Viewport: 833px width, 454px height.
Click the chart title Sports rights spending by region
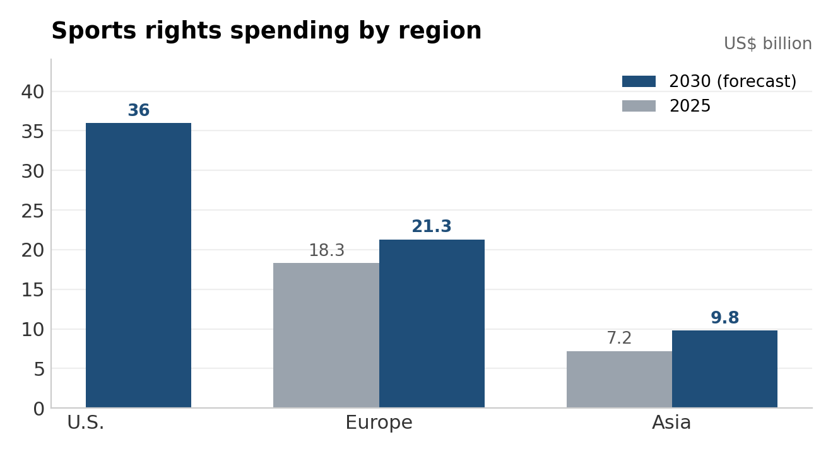[x=266, y=31]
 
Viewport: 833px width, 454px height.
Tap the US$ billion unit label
[x=767, y=44]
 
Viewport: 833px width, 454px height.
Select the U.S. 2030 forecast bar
[x=138, y=265]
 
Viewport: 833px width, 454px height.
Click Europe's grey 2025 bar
[x=326, y=335]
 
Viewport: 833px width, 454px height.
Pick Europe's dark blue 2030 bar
[x=432, y=323]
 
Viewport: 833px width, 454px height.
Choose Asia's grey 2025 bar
[x=619, y=380]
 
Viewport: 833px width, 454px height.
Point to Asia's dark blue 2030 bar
[x=724, y=369]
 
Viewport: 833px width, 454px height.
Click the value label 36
[x=139, y=110]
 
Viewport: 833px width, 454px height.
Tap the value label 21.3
[x=432, y=226]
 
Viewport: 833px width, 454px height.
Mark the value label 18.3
[x=326, y=250]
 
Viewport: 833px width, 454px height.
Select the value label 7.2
[x=619, y=338]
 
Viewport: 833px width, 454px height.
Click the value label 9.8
[x=725, y=318]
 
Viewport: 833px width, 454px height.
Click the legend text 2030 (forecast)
[x=733, y=81]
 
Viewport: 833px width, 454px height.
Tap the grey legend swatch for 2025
[x=639, y=106]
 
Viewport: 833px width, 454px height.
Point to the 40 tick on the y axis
[x=33, y=92]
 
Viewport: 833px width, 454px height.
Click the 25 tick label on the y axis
[x=33, y=211]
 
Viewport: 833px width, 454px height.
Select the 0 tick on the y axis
[x=38, y=409]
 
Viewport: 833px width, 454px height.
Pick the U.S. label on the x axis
[x=86, y=422]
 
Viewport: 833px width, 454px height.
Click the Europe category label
[x=379, y=423]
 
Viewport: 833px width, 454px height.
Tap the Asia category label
[x=671, y=422]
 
